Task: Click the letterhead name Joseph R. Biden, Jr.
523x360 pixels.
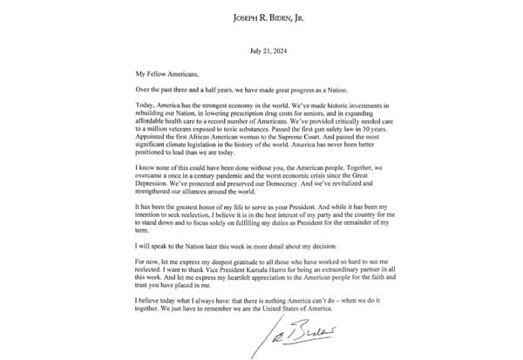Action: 261,17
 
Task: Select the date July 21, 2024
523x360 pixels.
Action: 261,51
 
